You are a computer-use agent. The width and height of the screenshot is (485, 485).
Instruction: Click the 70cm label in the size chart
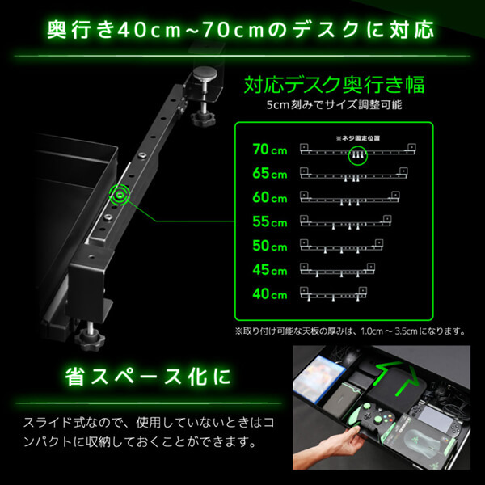click(x=269, y=150)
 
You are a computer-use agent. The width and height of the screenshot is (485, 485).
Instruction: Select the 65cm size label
click(x=269, y=174)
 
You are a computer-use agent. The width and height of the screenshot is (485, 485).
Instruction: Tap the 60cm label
click(x=269, y=197)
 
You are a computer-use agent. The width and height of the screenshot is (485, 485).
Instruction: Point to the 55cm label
click(x=269, y=221)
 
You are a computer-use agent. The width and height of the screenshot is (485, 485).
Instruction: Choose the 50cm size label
click(x=269, y=246)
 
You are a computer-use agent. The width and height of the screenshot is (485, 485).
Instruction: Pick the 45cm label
click(x=269, y=269)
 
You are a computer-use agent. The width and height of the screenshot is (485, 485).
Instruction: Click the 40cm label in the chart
click(x=269, y=293)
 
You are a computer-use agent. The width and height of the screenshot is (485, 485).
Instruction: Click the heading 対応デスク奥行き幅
click(x=334, y=85)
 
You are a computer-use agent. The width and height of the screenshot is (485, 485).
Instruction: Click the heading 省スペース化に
click(x=145, y=377)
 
